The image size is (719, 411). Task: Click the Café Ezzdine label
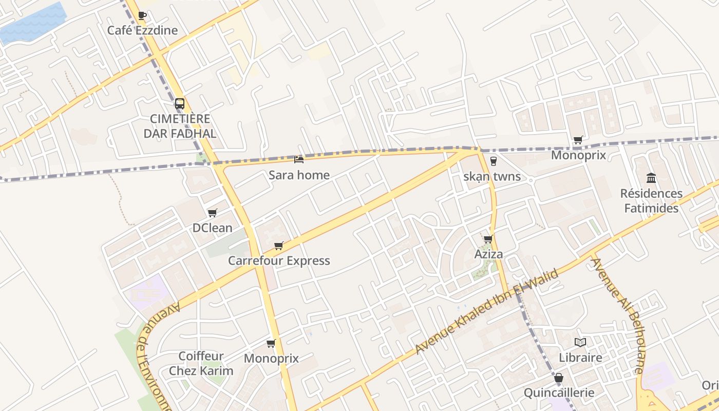click(x=142, y=30)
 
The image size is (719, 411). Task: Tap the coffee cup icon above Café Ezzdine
click(x=142, y=16)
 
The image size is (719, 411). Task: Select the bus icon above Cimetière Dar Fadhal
click(x=179, y=103)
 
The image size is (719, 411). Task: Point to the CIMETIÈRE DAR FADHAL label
click(x=180, y=126)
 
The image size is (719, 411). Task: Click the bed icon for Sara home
click(x=299, y=160)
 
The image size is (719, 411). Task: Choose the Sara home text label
click(x=299, y=175)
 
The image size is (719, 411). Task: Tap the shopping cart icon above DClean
click(x=212, y=213)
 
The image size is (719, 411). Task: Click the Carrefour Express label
click(x=279, y=261)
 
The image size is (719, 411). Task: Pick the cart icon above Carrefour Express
click(x=278, y=246)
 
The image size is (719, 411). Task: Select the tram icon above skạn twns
click(x=494, y=161)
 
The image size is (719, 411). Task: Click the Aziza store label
click(x=488, y=254)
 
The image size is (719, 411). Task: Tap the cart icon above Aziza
click(x=488, y=239)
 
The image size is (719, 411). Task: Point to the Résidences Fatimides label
click(x=651, y=201)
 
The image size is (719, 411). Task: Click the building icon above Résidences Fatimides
click(x=651, y=178)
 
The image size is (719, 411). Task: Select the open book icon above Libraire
click(x=580, y=342)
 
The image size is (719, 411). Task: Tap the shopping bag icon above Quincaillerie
click(x=559, y=378)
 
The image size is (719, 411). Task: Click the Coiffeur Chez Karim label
click(x=201, y=363)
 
